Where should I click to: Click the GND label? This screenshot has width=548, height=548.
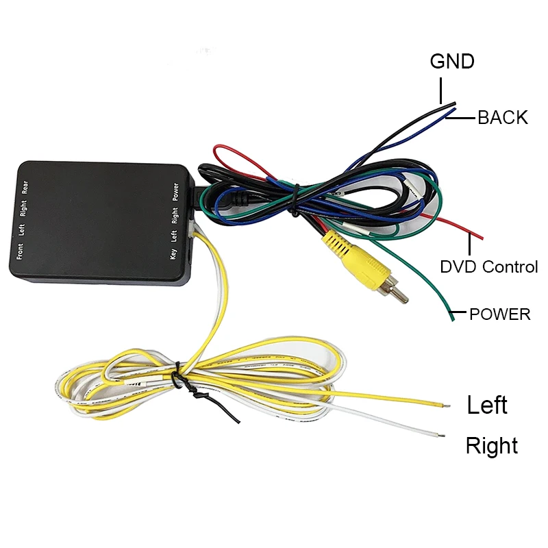pyautogui.click(x=452, y=61)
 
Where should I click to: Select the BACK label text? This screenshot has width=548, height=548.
pyautogui.click(x=503, y=118)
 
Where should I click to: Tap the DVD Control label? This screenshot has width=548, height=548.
pyautogui.click(x=489, y=266)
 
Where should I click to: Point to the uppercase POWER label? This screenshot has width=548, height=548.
pyautogui.click(x=499, y=314)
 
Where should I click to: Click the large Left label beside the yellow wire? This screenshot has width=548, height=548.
pyautogui.click(x=487, y=405)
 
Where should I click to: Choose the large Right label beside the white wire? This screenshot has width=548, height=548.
pyautogui.click(x=492, y=446)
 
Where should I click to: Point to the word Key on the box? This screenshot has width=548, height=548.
pyautogui.click(x=173, y=253)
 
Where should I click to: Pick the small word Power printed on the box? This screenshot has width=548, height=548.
pyautogui.click(x=175, y=190)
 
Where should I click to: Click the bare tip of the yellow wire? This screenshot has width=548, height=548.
pyautogui.click(x=446, y=405)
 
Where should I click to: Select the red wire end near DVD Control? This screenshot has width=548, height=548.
pyautogui.click(x=481, y=237)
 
